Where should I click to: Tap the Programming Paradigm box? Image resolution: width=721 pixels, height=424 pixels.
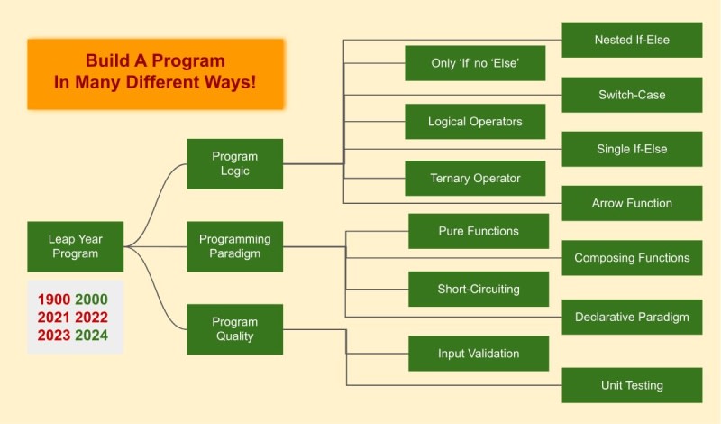[234, 246]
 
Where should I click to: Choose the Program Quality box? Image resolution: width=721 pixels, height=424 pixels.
[234, 329]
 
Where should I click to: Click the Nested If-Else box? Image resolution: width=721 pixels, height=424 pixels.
[632, 41]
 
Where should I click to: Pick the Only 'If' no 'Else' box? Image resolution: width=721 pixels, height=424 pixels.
[475, 63]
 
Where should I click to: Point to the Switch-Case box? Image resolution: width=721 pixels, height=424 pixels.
[632, 95]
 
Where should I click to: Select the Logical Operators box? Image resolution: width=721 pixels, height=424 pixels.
[475, 121]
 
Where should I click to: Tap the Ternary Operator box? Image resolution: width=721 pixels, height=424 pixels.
[475, 178]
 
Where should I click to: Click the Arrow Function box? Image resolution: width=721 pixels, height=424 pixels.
[632, 203]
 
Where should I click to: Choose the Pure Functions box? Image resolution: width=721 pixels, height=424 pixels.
[479, 231]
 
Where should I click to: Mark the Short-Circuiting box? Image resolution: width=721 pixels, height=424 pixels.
[479, 289]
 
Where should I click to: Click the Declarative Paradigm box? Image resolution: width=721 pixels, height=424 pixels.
[632, 317]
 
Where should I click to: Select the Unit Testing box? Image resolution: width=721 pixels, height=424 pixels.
[632, 385]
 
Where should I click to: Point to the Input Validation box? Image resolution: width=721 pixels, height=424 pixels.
[479, 353]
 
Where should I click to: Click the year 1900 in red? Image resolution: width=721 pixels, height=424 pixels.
[54, 300]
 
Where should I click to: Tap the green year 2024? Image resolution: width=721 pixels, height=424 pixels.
[92, 336]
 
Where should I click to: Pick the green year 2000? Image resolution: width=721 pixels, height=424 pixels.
[92, 300]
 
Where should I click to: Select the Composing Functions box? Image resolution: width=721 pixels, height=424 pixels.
[632, 258]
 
